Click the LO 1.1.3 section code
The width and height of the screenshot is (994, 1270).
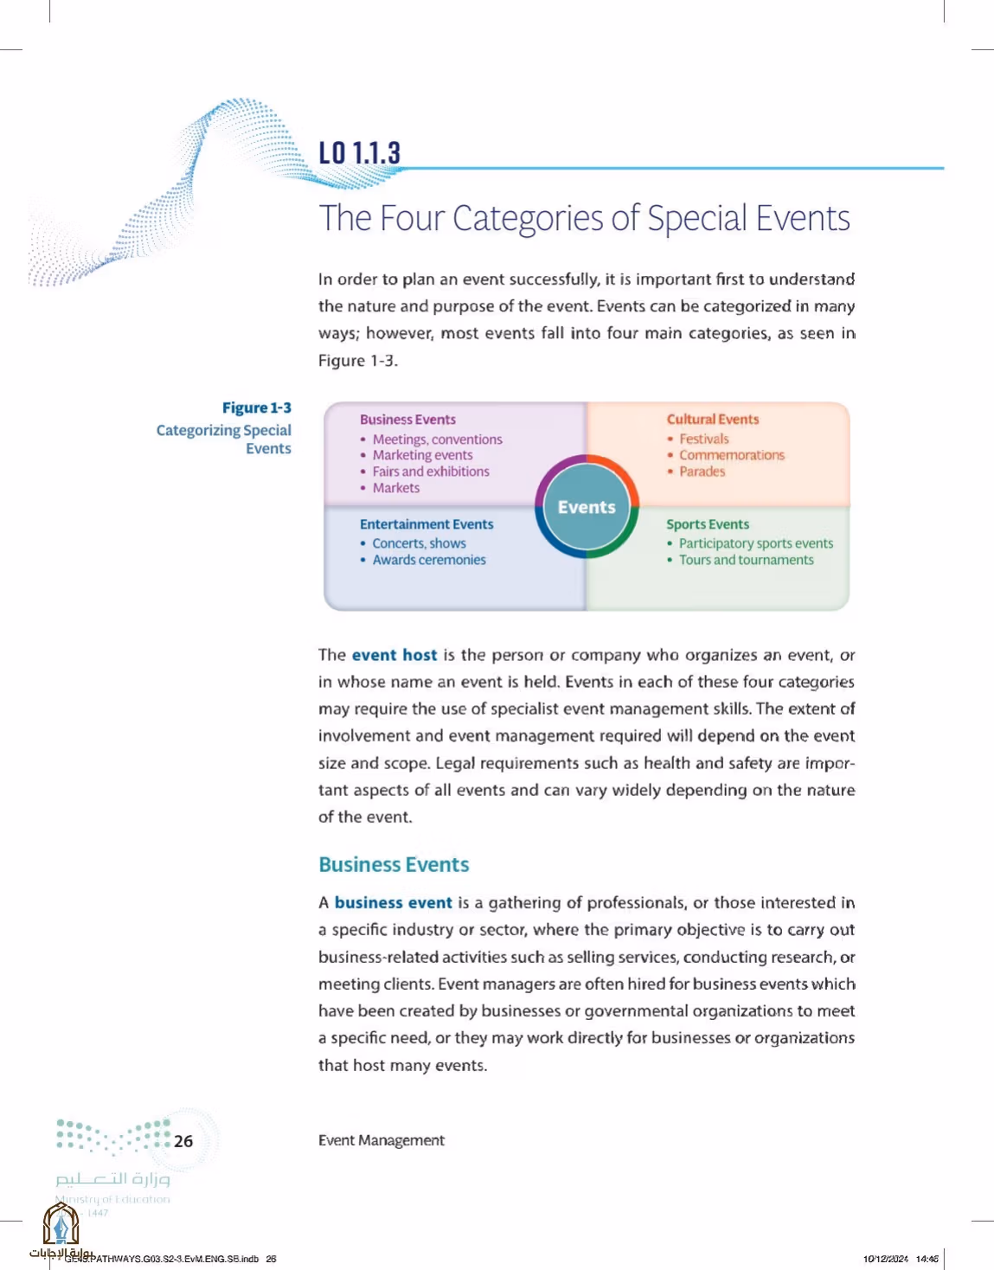359,152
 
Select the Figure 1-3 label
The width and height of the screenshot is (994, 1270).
257,407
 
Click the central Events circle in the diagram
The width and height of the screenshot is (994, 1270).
587,506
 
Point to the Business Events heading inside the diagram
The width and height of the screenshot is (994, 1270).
407,419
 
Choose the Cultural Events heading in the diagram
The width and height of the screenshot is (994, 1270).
712,419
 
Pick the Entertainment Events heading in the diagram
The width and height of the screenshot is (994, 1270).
426,524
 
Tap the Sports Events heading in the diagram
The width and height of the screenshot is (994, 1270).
707,524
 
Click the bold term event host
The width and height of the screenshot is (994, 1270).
394,655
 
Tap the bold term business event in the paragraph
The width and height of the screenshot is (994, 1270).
393,902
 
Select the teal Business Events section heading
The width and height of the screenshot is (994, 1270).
394,864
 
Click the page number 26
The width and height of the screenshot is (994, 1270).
183,1141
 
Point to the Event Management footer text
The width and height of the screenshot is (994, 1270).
381,1140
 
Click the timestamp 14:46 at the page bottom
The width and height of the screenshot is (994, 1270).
927,1258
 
